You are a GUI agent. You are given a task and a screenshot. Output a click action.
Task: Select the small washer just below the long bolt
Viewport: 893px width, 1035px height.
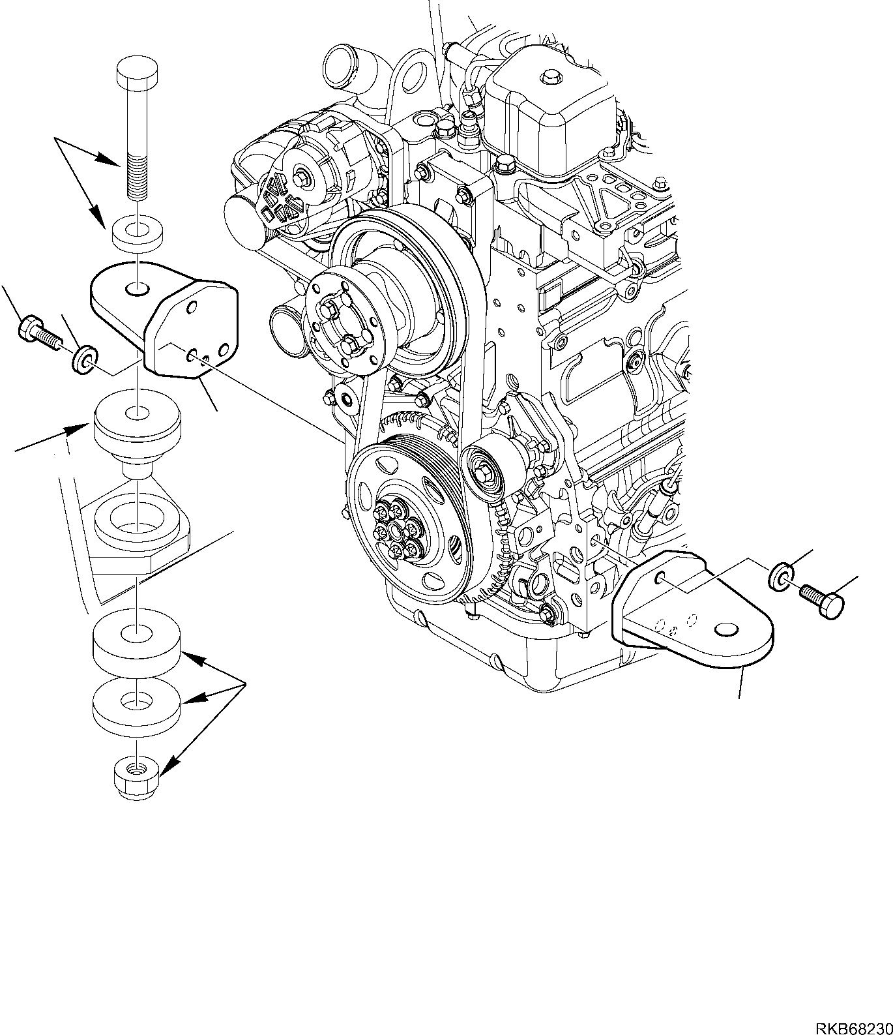click(137, 233)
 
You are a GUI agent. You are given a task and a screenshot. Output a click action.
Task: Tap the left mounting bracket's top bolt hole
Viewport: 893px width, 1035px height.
click(137, 288)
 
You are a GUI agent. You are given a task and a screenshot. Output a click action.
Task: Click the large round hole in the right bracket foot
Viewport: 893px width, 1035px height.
click(727, 629)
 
